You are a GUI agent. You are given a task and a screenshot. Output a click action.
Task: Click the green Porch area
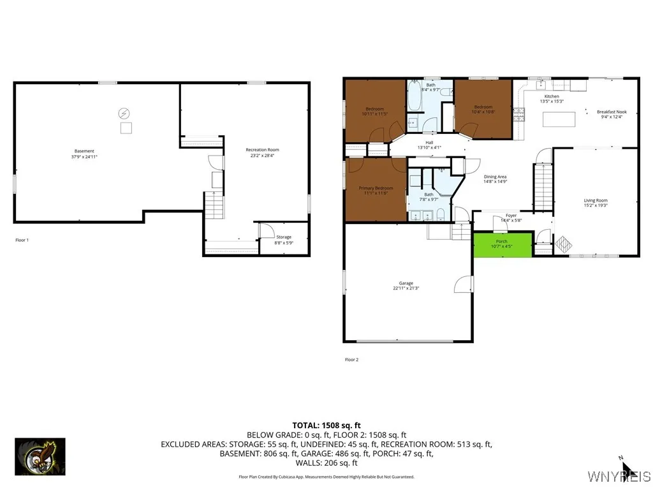coord(503,245)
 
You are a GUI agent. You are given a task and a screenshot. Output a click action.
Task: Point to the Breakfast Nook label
coord(612,114)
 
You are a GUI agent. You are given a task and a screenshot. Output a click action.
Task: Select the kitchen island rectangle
coord(559,119)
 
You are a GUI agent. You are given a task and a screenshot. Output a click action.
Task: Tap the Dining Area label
coord(495,179)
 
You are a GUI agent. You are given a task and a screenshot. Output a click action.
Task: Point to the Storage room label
coord(283,239)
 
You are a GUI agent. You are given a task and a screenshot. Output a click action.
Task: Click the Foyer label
coord(511,218)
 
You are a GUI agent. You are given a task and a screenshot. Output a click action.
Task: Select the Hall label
coord(429,145)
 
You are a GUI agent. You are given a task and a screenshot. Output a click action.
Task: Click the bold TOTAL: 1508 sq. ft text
coord(326,425)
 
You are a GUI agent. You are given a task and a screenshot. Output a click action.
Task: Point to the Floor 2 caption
coord(351,360)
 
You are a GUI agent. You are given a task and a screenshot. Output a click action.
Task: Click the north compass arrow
coord(627,468)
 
